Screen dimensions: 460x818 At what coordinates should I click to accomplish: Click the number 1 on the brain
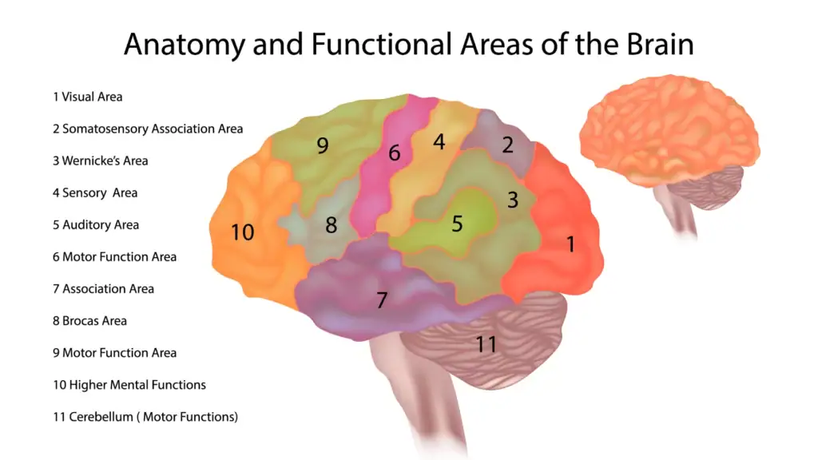point(570,244)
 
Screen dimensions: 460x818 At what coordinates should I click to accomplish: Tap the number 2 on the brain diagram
point(507,145)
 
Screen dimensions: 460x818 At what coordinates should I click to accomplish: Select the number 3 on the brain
point(513,200)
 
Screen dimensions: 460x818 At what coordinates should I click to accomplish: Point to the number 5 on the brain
point(457,224)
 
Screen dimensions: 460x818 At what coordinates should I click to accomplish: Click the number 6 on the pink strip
point(394,153)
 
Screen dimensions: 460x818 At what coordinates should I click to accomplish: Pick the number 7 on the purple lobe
point(382,301)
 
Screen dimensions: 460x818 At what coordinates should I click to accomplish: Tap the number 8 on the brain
point(331,225)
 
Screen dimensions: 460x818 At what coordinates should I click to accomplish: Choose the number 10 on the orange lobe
point(242,232)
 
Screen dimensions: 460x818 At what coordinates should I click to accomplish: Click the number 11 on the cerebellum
point(486,345)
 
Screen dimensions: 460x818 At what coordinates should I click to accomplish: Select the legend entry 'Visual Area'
point(88,97)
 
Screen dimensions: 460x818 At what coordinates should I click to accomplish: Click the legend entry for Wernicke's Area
point(101,161)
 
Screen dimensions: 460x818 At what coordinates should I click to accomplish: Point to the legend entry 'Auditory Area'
point(96,224)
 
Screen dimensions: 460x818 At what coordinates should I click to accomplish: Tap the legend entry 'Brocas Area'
point(90,320)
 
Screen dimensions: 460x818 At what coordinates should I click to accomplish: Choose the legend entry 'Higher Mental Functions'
point(129,384)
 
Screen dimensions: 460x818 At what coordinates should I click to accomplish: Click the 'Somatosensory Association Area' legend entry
point(148,129)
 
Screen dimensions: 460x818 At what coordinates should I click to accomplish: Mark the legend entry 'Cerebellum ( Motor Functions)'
point(145,416)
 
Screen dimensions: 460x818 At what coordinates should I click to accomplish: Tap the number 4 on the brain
point(439,142)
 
